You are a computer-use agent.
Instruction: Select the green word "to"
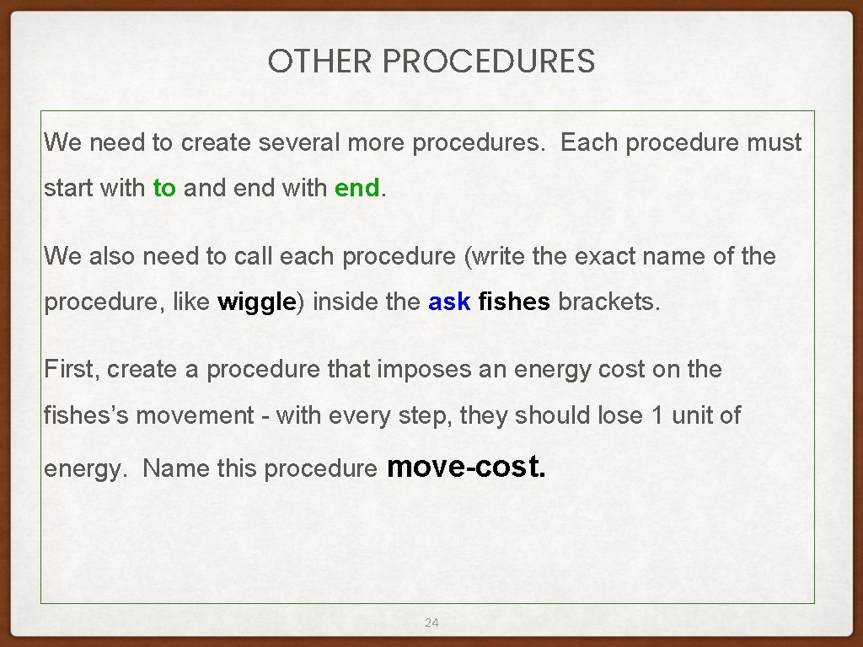point(164,188)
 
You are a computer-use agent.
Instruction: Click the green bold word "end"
point(357,188)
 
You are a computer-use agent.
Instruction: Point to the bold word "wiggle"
point(255,302)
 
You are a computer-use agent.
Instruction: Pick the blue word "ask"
point(449,302)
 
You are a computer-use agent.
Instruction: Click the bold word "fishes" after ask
point(514,302)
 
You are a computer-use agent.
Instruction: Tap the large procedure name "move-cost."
point(466,465)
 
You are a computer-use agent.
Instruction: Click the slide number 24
point(431,623)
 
